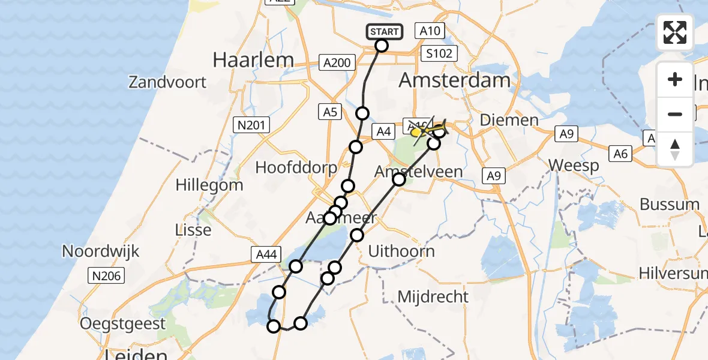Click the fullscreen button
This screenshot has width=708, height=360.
pos(675,32)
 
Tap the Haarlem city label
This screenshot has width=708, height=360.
pos(254,60)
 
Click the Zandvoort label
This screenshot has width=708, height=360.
pos(167,82)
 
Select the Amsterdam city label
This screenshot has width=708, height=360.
pos(454,80)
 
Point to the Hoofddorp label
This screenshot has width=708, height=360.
pos(296,167)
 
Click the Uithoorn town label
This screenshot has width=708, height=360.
pos(401,251)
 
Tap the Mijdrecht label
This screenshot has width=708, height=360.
pos(433,296)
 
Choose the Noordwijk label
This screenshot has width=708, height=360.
pos(101,251)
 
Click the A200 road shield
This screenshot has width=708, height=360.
pos(336,62)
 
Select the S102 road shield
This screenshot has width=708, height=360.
pos(439,53)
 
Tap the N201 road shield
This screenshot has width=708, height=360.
pos(251,125)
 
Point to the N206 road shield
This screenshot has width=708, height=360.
pos(106,276)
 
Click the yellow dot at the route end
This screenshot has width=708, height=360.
pos(415,132)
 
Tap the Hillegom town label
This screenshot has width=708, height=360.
pos(209,185)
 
